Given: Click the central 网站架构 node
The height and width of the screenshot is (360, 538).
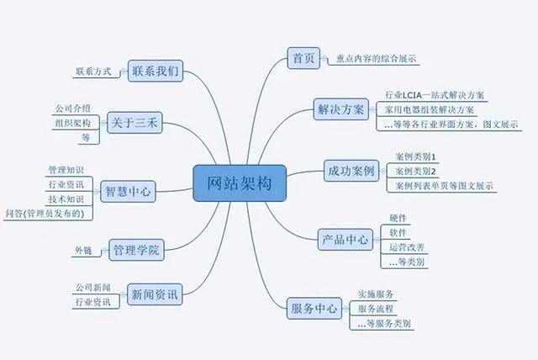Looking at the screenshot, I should click(240, 183).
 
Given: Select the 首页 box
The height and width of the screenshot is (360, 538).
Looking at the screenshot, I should click(300, 58).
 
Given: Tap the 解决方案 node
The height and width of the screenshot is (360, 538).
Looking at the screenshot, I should click(341, 109).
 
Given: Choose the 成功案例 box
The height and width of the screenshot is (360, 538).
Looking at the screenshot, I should click(351, 172).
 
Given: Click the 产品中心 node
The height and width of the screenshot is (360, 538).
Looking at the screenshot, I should click(345, 240).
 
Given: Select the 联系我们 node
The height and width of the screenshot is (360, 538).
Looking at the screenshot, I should click(156, 71).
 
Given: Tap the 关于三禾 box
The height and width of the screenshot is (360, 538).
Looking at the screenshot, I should click(134, 123).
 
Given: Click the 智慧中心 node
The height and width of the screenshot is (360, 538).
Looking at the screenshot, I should click(126, 191).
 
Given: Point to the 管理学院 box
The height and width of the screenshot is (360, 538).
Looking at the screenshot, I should click(136, 249).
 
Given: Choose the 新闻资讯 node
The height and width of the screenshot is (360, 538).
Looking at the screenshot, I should click(154, 294).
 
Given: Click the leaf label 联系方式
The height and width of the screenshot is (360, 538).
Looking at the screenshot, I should click(92, 72).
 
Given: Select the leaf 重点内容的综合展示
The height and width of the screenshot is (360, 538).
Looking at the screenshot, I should click(377, 59).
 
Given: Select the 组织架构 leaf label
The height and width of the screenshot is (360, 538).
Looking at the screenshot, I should click(72, 124).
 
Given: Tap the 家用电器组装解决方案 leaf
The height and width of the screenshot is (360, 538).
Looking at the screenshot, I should click(429, 109).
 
